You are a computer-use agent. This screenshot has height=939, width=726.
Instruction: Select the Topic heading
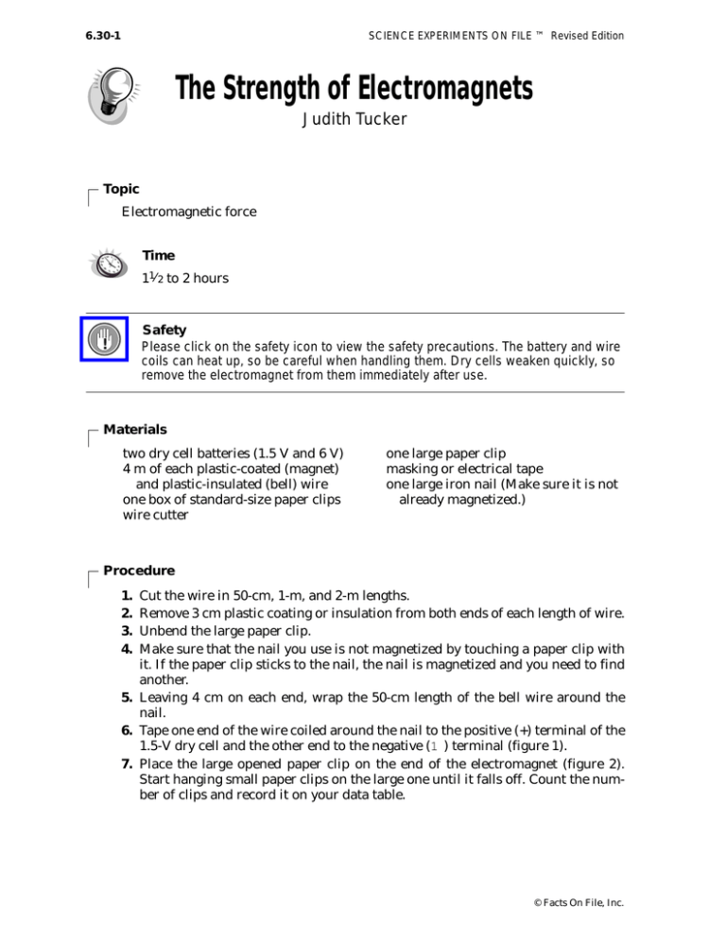point(122,189)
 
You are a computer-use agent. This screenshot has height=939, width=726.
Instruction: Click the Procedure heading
point(138,571)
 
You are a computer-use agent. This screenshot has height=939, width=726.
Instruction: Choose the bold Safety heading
point(164,331)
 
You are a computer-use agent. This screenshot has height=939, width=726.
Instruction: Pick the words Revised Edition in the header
point(587,37)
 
